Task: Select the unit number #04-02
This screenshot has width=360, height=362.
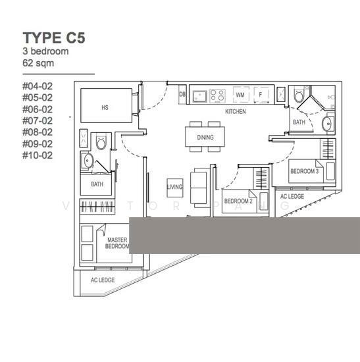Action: click(38, 86)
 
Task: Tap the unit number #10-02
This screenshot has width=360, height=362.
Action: click(38, 156)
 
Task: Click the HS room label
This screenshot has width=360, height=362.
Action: click(105, 106)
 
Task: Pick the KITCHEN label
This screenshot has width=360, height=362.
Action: click(235, 112)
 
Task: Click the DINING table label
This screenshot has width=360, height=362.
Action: click(205, 138)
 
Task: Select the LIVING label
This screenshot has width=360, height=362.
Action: click(174, 188)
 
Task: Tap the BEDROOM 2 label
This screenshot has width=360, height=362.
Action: click(238, 201)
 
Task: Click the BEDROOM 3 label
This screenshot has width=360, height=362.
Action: click(304, 171)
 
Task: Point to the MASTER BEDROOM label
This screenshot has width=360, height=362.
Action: click(117, 244)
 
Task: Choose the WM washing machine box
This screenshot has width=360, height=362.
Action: click(240, 95)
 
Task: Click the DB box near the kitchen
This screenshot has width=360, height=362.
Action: click(182, 95)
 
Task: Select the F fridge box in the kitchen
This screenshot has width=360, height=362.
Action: click(261, 95)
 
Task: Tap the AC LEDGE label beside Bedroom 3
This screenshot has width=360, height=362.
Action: click(292, 196)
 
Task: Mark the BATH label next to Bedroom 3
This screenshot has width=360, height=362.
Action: click(299, 122)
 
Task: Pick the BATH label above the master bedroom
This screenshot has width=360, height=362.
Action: click(97, 184)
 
